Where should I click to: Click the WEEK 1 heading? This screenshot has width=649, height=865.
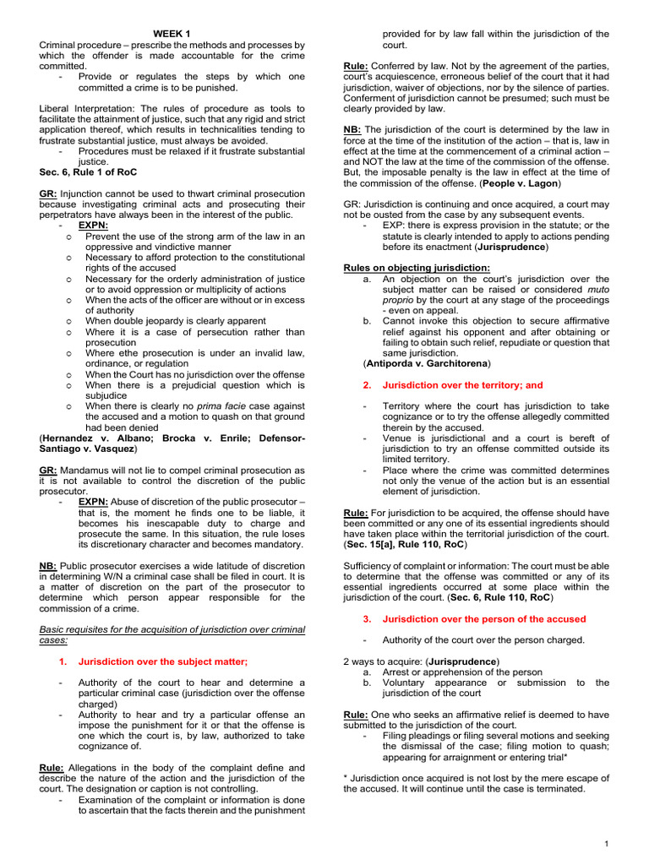[x=172, y=33]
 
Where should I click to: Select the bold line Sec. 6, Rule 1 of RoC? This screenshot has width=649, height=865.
[x=89, y=172]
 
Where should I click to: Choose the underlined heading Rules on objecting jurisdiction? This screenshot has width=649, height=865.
[x=417, y=268]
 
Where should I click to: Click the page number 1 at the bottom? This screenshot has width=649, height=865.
[x=608, y=844]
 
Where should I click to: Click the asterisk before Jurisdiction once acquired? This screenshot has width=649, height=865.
[x=346, y=777]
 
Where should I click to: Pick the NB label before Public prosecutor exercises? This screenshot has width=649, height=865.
[x=47, y=566]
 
